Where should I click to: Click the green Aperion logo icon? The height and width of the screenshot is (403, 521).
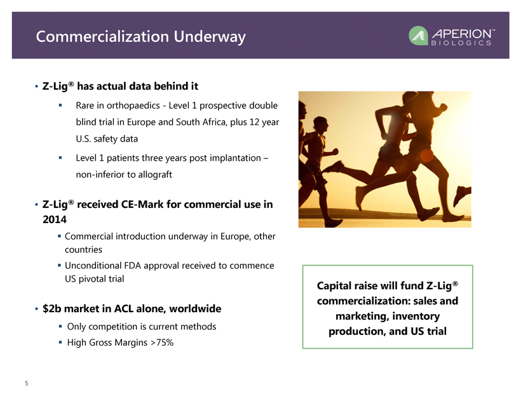pyautogui.click(x=418, y=36)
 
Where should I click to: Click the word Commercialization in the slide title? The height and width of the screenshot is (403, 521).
pyautogui.click(x=102, y=37)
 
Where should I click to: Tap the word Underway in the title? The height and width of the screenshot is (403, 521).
pyautogui.click(x=210, y=38)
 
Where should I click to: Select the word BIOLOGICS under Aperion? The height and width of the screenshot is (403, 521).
pyautogui.click(x=461, y=43)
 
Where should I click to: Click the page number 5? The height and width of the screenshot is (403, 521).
pyautogui.click(x=27, y=383)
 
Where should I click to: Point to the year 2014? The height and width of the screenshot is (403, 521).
pyautogui.click(x=55, y=219)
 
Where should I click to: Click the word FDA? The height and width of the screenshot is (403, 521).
pyautogui.click(x=132, y=266)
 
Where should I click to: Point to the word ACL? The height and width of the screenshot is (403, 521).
pyautogui.click(x=124, y=308)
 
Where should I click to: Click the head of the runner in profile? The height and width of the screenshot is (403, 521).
pyautogui.click(x=321, y=125)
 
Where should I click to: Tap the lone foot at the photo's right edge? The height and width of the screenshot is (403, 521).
pyautogui.click(x=462, y=195)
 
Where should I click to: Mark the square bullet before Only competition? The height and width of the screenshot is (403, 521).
pyautogui.click(x=60, y=327)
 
